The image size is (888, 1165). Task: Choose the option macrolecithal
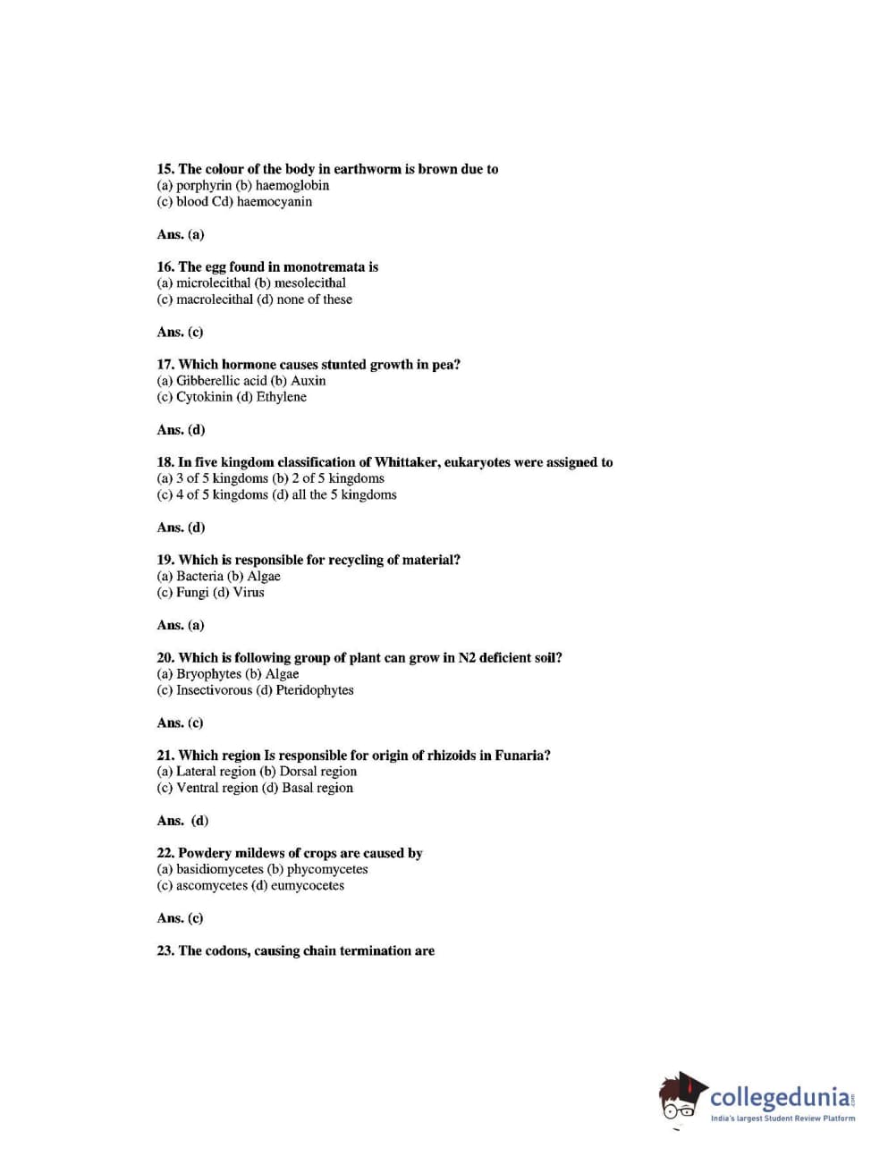214,300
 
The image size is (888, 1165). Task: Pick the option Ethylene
281,397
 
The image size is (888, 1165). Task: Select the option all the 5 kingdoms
343,494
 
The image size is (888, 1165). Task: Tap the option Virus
249,593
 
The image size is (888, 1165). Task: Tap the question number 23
165,951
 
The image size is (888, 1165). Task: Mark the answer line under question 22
180,918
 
